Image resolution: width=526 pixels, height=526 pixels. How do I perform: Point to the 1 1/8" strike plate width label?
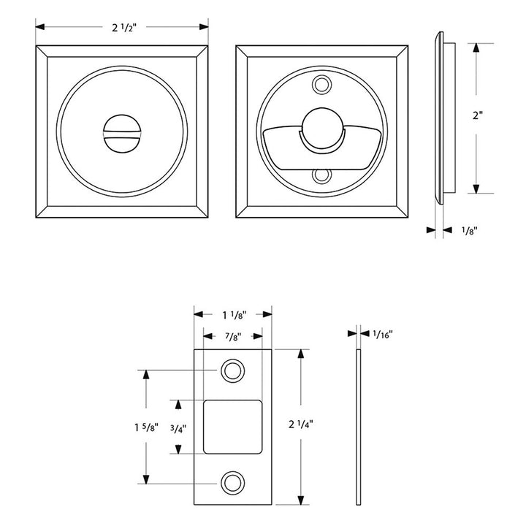233,315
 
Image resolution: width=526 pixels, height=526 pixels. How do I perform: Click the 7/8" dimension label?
233,337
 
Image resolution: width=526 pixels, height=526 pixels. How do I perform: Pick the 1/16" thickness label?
382,334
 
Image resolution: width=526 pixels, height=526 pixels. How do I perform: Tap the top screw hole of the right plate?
321,85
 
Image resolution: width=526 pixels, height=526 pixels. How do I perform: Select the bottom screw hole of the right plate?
321,176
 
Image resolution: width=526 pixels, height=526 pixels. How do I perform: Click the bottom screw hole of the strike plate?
233,481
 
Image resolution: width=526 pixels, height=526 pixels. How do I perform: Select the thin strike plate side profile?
358,427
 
